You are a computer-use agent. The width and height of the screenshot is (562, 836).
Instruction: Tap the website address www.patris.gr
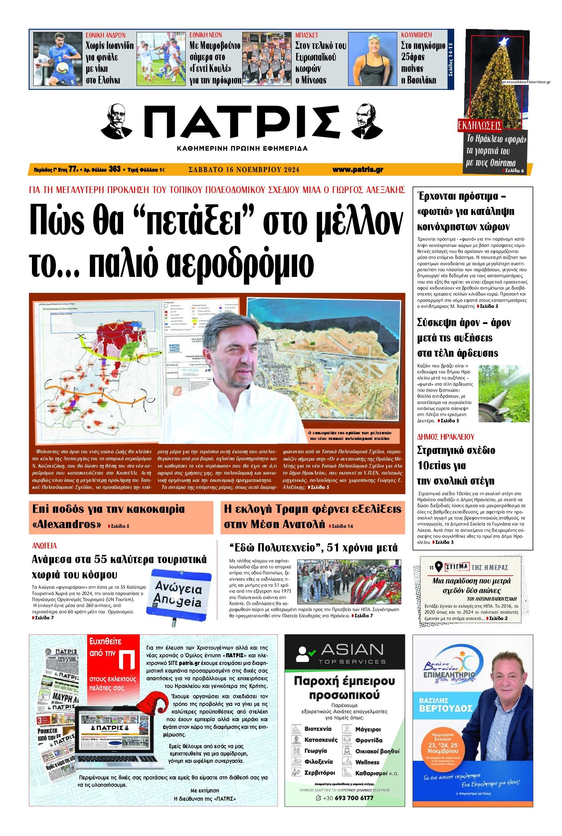(x=357, y=169)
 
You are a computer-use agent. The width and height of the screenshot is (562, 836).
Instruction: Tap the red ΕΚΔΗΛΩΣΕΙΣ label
(x=480, y=126)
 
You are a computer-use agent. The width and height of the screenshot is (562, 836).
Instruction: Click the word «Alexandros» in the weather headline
(x=67, y=524)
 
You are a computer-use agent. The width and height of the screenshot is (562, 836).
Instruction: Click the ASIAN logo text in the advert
(x=352, y=649)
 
